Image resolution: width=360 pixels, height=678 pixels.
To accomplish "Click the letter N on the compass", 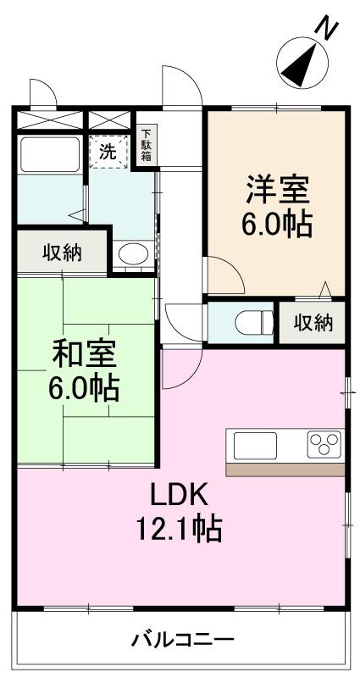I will (327, 28).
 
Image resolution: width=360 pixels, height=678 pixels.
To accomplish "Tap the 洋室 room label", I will (277, 187).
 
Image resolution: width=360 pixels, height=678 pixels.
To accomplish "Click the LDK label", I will (180, 494).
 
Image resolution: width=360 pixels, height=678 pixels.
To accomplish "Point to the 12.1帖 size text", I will (180, 529).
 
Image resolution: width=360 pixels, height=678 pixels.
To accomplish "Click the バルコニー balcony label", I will (182, 640).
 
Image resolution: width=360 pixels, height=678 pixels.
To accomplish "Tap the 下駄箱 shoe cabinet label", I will (147, 145).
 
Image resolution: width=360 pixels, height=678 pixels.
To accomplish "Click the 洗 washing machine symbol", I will (108, 153).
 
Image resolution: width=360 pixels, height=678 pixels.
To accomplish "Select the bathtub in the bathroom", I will (48, 154).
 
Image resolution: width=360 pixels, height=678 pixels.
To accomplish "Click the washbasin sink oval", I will (131, 253).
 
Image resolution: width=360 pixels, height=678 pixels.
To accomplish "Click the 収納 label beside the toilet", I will (313, 323).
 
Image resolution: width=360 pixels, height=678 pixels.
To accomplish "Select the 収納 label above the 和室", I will (62, 252).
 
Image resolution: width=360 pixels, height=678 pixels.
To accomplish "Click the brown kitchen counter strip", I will (285, 469).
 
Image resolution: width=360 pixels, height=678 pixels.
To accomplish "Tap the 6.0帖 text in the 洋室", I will (277, 224).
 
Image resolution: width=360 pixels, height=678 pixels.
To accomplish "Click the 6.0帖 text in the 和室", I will (83, 387).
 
